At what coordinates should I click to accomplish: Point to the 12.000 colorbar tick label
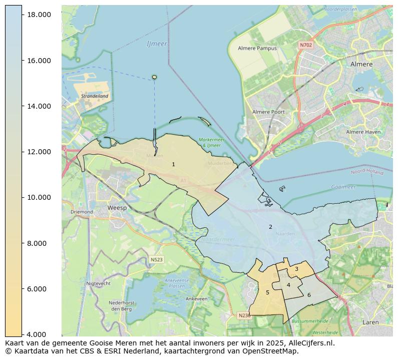[38, 152]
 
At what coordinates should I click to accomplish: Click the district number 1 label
[173, 164]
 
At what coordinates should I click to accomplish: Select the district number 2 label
[270, 227]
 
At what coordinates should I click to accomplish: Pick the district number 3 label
[296, 269]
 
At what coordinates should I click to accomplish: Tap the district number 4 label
[288, 285]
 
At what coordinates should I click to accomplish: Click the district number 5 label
[267, 292]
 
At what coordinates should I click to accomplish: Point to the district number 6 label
[309, 295]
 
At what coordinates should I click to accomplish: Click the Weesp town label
[116, 207]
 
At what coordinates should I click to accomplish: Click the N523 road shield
[157, 259]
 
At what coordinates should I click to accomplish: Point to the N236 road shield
[244, 315]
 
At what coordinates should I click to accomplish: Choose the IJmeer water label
[157, 44]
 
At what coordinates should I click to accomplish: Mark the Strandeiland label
[94, 96]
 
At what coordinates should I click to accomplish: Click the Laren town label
[370, 322]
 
